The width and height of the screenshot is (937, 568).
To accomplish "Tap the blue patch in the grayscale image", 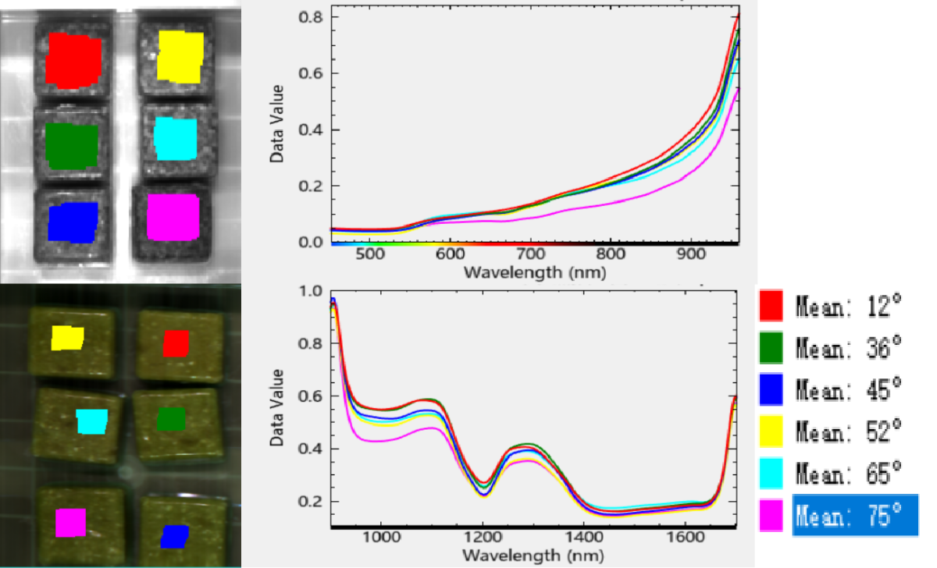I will point(73,222).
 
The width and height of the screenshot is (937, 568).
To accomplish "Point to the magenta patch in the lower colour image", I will point(70,522).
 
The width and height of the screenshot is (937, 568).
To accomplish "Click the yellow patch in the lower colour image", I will point(67,338).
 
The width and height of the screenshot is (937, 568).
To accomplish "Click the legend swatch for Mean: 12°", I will point(771,305).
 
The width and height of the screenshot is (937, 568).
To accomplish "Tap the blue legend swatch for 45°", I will point(771,389).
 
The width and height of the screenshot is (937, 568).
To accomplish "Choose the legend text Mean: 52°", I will point(849,431).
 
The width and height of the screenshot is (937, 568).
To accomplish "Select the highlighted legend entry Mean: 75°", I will point(854,515).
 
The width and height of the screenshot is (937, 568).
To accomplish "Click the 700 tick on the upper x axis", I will point(531,255).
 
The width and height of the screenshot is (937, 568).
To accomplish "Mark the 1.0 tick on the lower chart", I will point(311,291).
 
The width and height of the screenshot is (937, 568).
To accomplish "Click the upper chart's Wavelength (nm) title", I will point(533,273).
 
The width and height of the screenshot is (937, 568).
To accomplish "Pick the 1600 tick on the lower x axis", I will point(685,538).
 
